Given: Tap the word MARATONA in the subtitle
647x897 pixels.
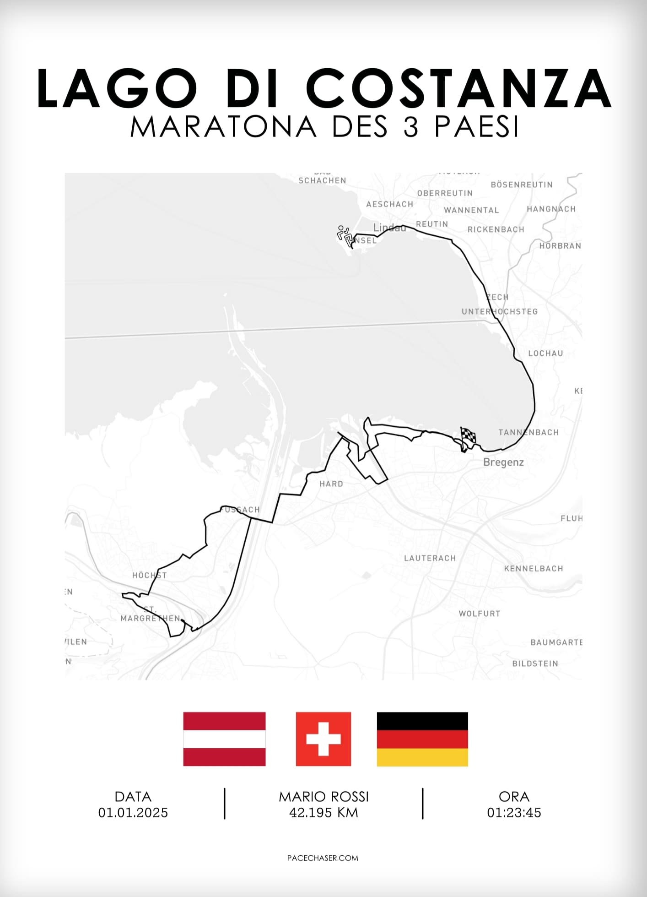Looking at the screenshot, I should pos(223,127).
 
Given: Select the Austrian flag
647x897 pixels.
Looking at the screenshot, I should pos(224,739).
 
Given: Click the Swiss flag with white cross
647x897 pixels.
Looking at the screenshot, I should pos(323,739).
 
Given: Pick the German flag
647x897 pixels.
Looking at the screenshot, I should pos(422,739).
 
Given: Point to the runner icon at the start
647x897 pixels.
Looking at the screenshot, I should pos(345,234).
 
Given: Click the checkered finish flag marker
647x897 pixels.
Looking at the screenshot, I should pos(468,437).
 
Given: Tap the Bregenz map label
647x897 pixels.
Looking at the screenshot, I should pos(503,462).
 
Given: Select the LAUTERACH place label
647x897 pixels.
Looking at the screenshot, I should pos(430,558).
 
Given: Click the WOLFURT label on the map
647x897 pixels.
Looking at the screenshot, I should pos(480,613).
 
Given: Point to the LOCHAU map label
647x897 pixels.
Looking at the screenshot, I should pos(545,353).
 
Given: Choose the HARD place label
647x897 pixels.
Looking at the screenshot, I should pos(331,484).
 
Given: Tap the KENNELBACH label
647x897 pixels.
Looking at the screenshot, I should pos(534,568).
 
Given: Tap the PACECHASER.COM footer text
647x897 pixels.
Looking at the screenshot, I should pos(323,858).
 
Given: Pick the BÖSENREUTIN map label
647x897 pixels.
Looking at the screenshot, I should pos(522,185).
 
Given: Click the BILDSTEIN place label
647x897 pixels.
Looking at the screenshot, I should pos(535,663).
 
